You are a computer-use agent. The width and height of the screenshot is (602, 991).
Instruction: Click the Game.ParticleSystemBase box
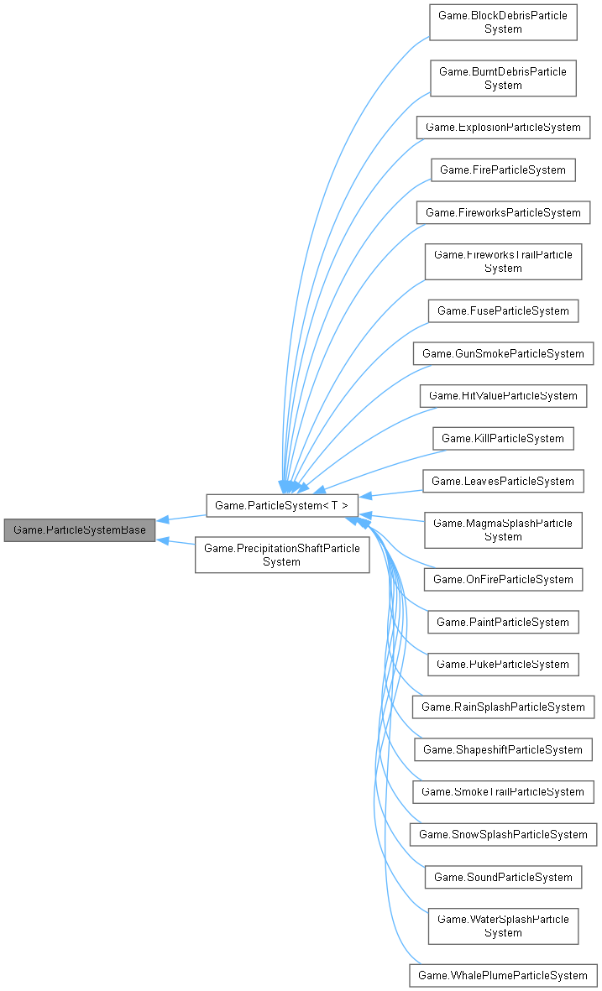click(80, 530)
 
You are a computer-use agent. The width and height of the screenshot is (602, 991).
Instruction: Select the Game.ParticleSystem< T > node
click(282, 504)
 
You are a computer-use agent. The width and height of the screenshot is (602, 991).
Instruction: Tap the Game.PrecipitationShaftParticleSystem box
click(282, 555)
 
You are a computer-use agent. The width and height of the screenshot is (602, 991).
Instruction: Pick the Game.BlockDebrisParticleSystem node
click(503, 22)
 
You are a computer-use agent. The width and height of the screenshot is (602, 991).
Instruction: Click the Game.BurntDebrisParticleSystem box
click(503, 78)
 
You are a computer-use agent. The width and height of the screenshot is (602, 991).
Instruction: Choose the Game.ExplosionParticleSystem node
click(503, 127)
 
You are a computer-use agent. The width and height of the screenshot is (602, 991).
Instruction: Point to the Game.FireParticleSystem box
click(503, 170)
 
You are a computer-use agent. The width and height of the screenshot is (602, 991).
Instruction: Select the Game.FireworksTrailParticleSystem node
click(503, 261)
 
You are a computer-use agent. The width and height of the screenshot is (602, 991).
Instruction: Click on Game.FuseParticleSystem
click(503, 310)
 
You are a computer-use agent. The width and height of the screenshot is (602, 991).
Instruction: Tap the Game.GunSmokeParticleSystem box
click(503, 353)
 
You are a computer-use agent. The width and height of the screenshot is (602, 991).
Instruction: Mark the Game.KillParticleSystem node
click(503, 438)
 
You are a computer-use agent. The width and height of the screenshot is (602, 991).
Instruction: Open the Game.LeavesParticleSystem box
click(503, 481)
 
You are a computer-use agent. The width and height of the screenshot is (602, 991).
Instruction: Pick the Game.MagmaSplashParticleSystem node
click(503, 529)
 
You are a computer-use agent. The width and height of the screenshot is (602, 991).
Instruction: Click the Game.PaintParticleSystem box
click(503, 622)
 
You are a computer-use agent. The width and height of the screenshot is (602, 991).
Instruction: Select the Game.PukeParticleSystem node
click(503, 664)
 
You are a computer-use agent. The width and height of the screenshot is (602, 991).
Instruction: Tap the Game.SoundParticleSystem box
click(503, 877)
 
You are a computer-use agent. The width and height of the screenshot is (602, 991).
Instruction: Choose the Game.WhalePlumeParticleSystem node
click(503, 975)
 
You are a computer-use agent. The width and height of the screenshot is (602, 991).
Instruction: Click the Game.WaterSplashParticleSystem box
click(503, 926)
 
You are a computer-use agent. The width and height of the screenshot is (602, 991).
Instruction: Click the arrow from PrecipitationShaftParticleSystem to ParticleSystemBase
click(176, 543)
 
